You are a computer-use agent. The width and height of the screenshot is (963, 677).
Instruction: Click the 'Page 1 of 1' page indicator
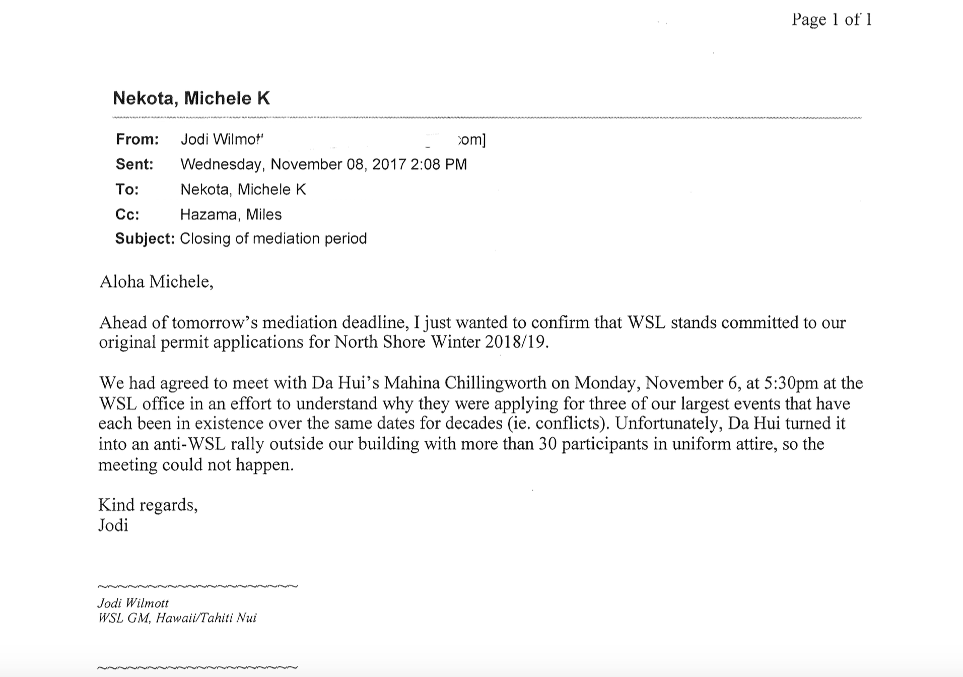pos(831,20)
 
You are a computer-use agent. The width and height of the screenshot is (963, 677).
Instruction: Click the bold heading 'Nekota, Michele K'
pos(191,98)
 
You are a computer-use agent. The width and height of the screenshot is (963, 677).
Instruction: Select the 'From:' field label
pos(137,139)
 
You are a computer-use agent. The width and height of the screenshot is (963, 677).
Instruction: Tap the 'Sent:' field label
pos(134,164)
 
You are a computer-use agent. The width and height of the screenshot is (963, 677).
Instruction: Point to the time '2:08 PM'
pos(438,164)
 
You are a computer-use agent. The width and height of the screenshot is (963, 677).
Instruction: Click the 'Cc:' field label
pos(127,214)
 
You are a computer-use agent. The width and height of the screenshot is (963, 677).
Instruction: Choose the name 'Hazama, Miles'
pos(231,214)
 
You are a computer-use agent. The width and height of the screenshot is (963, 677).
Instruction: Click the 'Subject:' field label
pos(145,238)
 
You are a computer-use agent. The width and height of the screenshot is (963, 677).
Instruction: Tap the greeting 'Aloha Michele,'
pos(157,282)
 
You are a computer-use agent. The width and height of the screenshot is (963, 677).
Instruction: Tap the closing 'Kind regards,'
pos(148,505)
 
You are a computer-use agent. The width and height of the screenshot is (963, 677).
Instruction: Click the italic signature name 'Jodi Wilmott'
pos(133,603)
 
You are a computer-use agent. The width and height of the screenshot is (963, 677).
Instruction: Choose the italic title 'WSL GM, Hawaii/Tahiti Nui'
pos(177,618)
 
